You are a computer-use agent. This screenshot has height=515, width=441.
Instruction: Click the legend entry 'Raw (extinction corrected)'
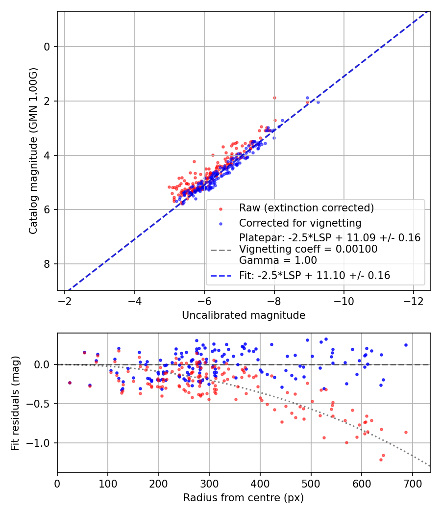[306, 208]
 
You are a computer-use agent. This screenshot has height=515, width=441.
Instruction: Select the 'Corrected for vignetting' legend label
[300, 223]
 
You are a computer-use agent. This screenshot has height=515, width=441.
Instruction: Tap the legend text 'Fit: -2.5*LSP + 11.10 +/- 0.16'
[315, 276]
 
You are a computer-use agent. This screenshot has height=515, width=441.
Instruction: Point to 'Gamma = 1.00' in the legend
[278, 260]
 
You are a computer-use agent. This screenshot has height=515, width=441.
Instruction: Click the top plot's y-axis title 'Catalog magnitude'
[33, 151]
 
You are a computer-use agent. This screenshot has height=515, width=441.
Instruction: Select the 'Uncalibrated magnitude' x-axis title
[244, 315]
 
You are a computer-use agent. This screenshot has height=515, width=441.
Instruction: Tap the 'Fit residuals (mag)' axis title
[15, 403]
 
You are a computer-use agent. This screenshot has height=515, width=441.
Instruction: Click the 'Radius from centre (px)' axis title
[244, 498]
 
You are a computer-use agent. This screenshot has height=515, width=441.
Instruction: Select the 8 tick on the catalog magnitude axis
[47, 264]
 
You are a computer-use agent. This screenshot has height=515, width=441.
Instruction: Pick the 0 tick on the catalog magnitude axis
[47, 47]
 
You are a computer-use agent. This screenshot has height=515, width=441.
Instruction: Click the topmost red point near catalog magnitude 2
[274, 98]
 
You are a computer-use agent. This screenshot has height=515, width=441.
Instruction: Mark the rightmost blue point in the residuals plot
[406, 345]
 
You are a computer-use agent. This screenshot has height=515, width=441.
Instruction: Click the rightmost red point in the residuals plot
[406, 432]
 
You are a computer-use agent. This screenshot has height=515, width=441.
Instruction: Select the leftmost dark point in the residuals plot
[70, 383]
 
